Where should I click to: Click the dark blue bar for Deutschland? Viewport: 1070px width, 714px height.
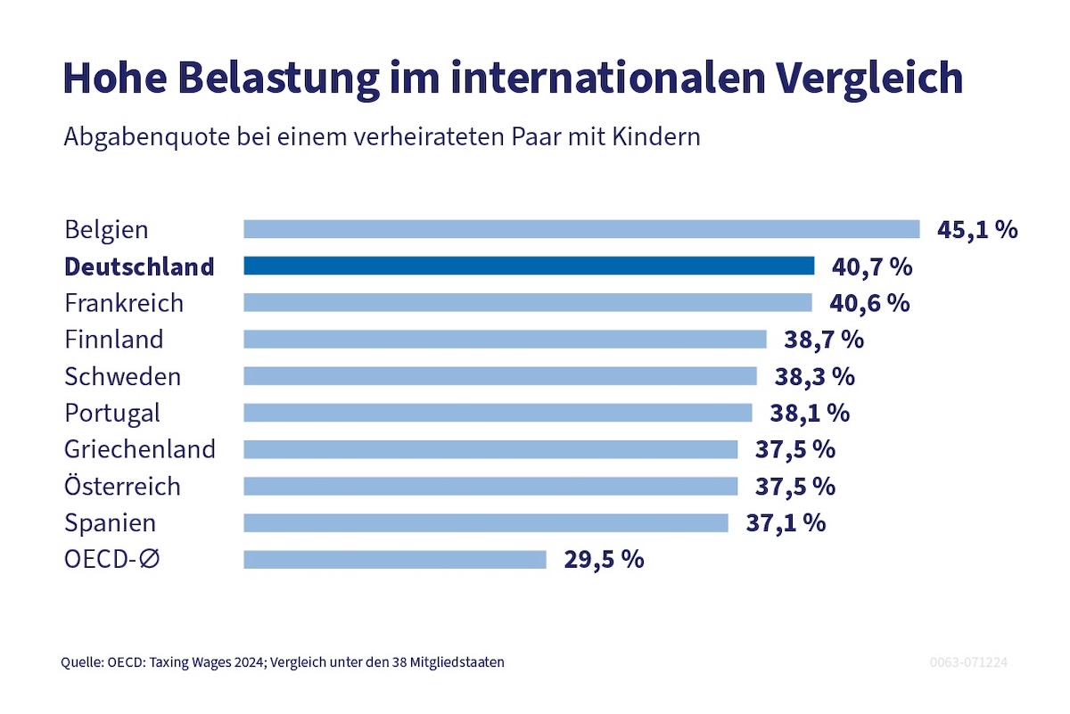529,266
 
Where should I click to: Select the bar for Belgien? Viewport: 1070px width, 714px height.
581,229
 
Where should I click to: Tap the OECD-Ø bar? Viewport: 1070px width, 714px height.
394,559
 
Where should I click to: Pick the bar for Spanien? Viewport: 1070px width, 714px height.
486,522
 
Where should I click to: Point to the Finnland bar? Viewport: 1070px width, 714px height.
505,339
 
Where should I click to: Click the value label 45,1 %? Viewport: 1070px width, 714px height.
977,229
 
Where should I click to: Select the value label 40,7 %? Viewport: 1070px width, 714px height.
872,266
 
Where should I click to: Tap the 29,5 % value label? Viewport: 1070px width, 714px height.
604,559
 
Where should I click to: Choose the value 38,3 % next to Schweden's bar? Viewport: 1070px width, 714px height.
814,376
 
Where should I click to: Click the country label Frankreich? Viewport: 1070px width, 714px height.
124,303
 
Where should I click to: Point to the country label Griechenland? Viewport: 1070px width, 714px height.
140,449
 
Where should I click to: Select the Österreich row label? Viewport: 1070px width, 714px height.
122,486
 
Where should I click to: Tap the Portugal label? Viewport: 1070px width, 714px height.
112,413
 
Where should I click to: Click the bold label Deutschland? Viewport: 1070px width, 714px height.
139,267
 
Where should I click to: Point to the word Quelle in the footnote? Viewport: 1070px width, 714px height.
78,662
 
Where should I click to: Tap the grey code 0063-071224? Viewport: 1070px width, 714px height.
968,663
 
